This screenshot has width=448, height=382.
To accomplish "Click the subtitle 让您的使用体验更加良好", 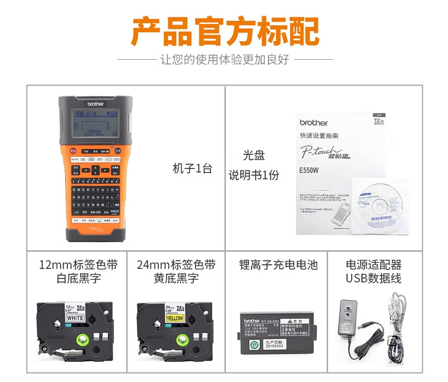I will click(225, 60).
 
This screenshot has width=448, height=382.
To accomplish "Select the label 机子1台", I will click(192, 169).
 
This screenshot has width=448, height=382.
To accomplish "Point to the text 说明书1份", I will click(253, 176).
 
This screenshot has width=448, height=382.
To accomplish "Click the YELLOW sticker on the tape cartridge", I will click(174, 319).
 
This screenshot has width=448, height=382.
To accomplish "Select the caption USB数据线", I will click(373, 279).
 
